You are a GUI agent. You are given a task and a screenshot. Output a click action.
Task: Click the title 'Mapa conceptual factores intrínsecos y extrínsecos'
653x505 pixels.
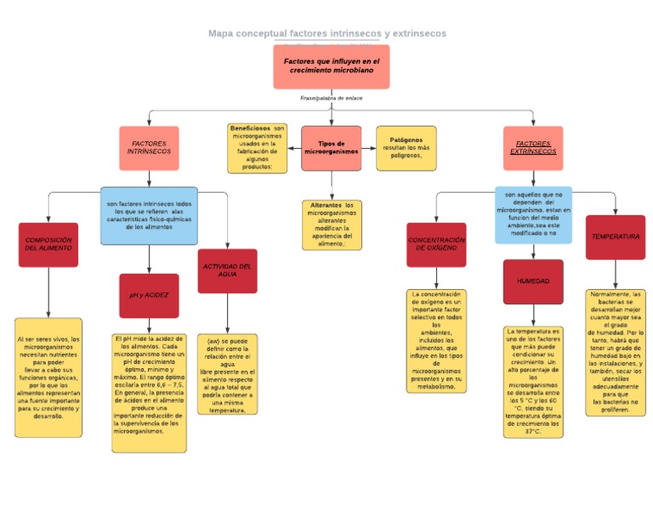[326, 33]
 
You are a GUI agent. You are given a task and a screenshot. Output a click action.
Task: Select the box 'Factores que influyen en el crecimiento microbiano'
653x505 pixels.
[331, 66]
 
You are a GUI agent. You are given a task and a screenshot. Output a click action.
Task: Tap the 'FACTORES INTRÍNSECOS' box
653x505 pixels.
[149, 148]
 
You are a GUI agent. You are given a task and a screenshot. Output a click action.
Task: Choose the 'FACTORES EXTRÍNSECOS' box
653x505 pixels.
[533, 148]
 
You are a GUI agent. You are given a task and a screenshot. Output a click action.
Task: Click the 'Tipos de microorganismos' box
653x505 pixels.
[331, 148]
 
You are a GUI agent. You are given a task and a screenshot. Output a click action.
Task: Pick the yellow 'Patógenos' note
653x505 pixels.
[406, 148]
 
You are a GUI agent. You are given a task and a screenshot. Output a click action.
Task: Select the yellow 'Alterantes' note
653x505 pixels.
[331, 224]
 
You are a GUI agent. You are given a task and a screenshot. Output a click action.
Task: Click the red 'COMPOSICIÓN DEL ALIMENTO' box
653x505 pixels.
[48, 245]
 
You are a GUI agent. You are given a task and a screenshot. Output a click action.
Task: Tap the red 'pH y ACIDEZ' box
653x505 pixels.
[149, 295]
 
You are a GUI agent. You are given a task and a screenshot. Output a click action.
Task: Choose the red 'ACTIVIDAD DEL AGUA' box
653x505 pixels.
[227, 270]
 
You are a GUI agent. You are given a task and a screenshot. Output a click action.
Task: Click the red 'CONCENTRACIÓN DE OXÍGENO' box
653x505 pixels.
[436, 245]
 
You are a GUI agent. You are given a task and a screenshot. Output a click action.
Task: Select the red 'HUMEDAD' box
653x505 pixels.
[533, 281]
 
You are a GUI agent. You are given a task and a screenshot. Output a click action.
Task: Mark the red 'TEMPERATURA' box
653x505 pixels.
[615, 237]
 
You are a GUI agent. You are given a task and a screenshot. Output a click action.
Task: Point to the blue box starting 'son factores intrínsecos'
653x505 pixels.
[149, 216]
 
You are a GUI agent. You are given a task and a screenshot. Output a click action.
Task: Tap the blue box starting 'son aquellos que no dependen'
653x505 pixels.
[533, 215]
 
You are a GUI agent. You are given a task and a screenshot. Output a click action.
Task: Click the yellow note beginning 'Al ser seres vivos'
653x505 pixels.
[48, 377]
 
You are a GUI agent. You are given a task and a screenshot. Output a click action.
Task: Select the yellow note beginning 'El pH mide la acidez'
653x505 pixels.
[149, 385]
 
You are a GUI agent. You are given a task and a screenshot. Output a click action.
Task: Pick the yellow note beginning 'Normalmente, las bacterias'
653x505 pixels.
[615, 352]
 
